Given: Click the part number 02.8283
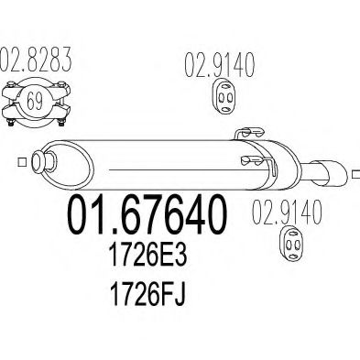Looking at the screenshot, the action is click(x=36, y=60).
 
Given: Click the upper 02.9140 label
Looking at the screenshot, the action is click(x=219, y=65).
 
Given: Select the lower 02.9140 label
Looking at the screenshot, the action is click(x=287, y=212).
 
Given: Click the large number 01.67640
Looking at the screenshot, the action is click(x=147, y=215).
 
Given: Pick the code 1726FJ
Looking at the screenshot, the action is click(x=147, y=294).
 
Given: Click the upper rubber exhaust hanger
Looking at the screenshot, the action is click(x=224, y=96).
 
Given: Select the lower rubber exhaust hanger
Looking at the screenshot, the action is click(x=292, y=244).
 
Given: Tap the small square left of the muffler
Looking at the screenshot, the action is click(x=21, y=162).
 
